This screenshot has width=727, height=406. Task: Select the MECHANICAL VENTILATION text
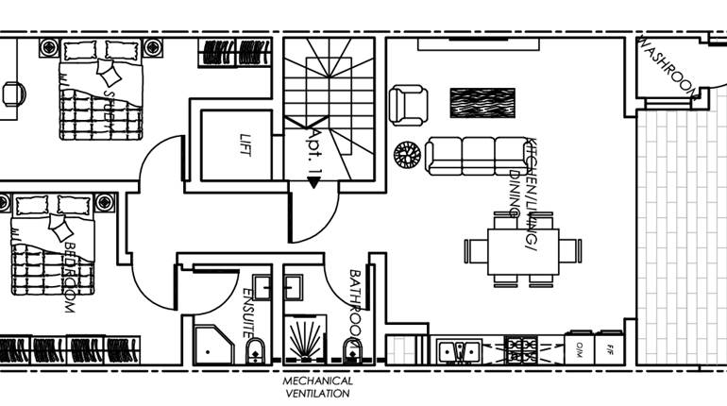coord(318,387)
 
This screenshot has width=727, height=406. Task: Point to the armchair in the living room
coord(409,104)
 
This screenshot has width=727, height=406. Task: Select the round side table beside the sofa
coord(407,154)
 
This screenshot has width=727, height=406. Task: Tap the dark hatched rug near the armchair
coord(482,103)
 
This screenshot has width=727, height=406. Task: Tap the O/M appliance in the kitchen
coord(580,348)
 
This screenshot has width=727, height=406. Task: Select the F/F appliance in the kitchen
coord(610,348)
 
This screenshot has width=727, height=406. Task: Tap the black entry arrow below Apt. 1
coord(313,183)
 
